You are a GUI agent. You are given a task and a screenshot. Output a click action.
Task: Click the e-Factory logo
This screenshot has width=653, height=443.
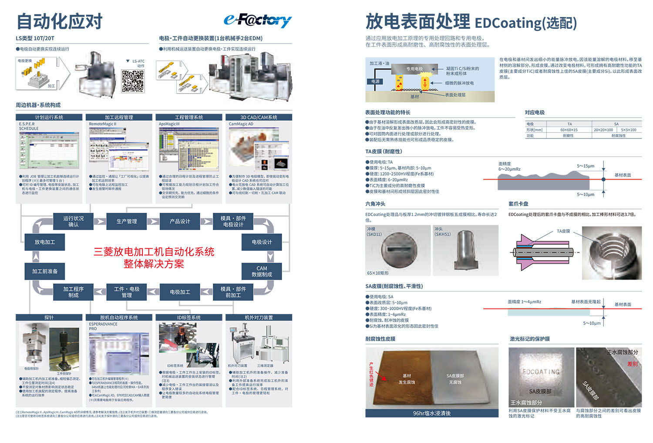257,20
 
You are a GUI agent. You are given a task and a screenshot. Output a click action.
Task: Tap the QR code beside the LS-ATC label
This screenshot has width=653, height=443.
133,81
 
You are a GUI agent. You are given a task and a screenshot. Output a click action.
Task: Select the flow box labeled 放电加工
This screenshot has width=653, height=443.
45,242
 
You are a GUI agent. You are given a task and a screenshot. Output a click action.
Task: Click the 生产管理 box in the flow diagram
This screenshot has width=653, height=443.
127,221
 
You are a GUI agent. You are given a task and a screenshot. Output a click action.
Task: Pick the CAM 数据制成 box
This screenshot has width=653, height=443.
262,271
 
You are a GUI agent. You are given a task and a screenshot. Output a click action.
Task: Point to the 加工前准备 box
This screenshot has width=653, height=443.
45,271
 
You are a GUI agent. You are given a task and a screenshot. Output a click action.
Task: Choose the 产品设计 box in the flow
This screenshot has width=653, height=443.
180,221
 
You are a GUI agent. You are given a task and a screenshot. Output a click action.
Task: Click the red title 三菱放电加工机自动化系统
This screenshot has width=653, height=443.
154,252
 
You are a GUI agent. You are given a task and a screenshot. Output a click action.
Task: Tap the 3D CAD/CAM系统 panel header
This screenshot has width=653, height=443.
259,117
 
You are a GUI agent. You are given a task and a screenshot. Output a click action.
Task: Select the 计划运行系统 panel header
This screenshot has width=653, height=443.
49,117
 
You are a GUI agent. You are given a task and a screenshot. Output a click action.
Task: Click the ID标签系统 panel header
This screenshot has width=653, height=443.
188,318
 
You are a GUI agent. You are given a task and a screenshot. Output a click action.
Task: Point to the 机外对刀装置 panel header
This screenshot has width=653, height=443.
259,318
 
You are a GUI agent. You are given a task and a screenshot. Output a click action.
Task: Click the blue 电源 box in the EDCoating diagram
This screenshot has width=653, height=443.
375,81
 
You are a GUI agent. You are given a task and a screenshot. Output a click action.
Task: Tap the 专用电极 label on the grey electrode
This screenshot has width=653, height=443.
414,69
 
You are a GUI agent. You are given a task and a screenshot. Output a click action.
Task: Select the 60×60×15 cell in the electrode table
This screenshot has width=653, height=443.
569,130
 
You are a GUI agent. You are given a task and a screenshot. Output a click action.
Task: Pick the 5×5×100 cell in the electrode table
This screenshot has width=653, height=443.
628,130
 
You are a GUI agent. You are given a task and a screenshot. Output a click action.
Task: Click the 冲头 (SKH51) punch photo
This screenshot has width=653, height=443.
465,250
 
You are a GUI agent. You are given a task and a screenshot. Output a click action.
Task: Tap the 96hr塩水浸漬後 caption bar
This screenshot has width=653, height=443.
431,413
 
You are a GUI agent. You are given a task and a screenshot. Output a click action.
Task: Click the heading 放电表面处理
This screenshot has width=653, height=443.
417,21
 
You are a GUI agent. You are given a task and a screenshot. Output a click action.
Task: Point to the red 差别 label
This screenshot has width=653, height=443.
632,364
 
